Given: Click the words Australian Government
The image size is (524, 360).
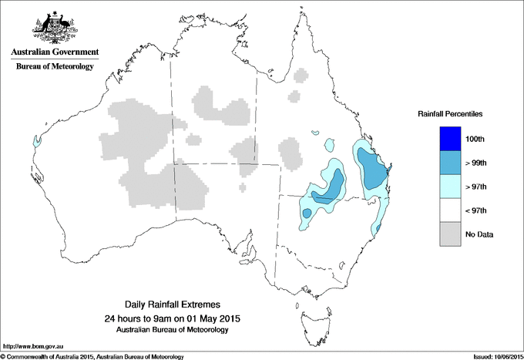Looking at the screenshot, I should coord(55,52).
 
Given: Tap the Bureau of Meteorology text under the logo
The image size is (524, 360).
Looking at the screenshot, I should coord(55,67).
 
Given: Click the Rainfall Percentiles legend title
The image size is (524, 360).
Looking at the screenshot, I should coord(450,113).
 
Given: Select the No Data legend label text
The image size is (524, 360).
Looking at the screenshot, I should coord(480,234).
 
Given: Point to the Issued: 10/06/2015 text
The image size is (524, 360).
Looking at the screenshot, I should coord(492,355).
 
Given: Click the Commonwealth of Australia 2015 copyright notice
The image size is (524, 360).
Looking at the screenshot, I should coord(92,355).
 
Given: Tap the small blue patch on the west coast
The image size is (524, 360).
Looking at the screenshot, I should coord(36,141).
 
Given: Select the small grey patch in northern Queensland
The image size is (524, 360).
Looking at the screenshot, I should coord(294,96).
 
